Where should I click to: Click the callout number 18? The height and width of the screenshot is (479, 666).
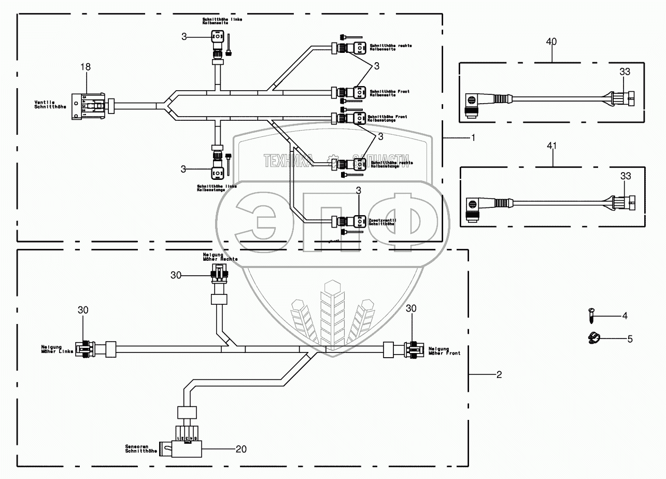pyautogui.click(x=86, y=66)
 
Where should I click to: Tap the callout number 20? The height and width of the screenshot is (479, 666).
pyautogui.click(x=240, y=449)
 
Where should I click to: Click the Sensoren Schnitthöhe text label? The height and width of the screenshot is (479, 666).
pyautogui.click(x=137, y=448)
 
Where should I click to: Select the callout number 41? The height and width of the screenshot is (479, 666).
pyautogui.click(x=552, y=146)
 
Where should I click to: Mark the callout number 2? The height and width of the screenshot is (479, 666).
pyautogui.click(x=499, y=374)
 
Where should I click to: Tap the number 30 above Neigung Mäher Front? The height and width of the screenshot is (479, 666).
pyautogui.click(x=412, y=308)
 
